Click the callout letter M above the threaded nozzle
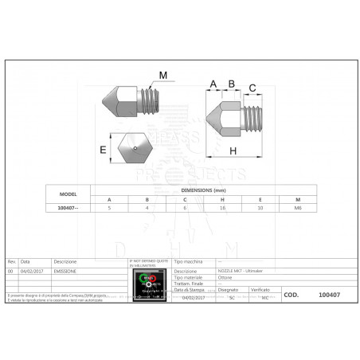click(x=164, y=76)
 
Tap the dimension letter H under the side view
click(x=233, y=150)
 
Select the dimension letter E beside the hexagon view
click(x=103, y=148)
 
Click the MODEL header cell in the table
click(x=68, y=194)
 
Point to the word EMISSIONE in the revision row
click(x=66, y=271)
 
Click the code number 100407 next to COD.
click(x=329, y=294)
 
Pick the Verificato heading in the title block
click(x=264, y=289)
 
